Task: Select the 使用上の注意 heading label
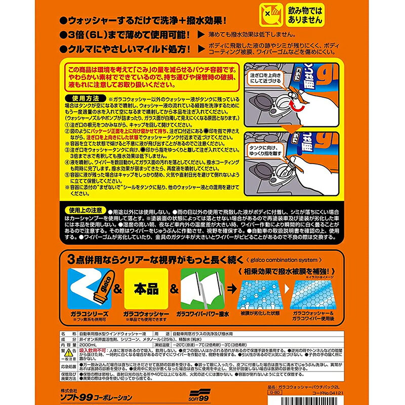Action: tap(84, 209)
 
